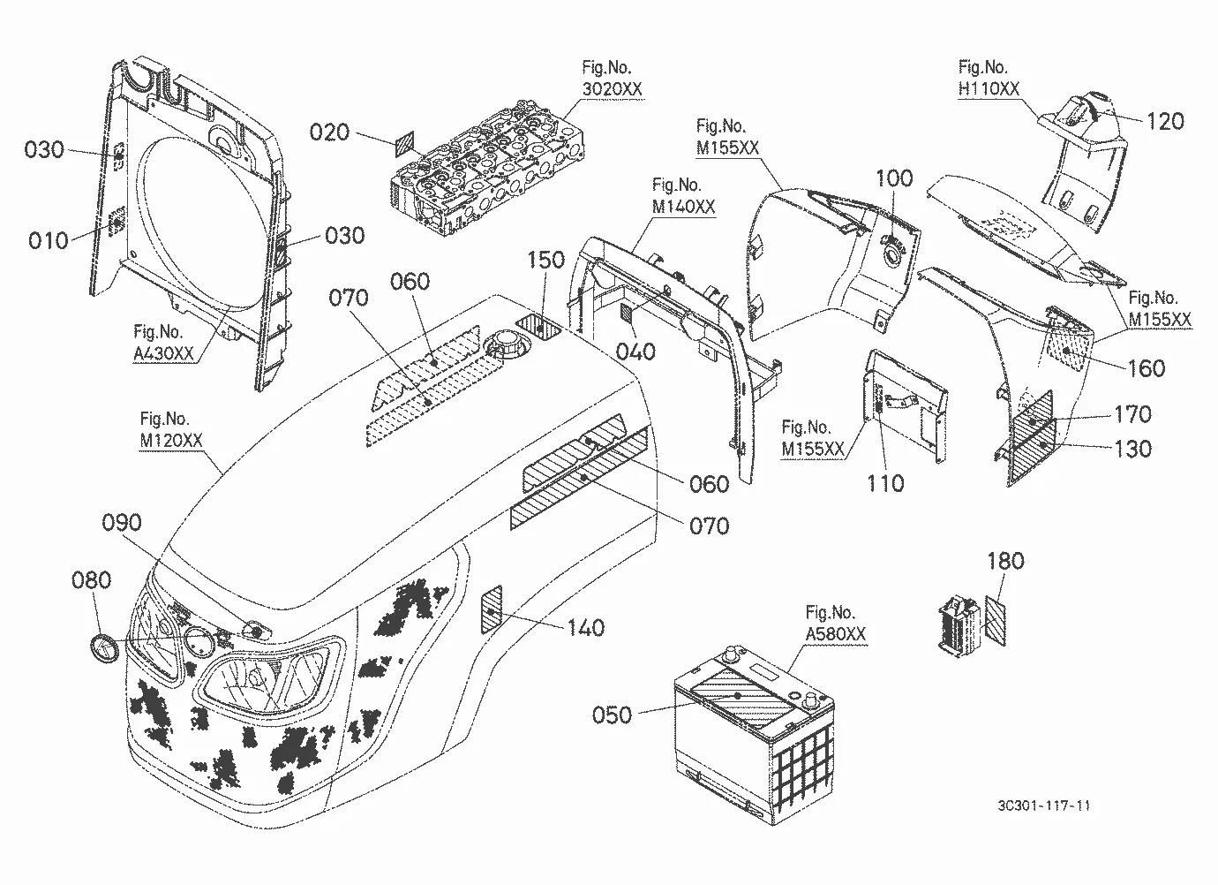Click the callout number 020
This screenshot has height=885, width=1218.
tap(329, 132)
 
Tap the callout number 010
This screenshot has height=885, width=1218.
tap(49, 240)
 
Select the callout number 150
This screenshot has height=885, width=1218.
tap(546, 260)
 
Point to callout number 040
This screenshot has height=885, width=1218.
tap(635, 352)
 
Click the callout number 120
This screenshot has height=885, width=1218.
tap(1165, 121)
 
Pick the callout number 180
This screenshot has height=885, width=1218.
tap(1005, 561)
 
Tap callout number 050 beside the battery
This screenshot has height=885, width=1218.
tap(612, 715)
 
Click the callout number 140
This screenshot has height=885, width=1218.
tap(586, 628)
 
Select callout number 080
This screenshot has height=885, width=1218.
tap(92, 580)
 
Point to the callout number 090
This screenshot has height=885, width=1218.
tap(121, 523)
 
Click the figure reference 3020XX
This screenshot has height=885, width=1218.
tap(612, 88)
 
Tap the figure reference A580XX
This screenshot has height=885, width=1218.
tap(835, 634)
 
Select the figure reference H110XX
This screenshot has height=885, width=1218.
tap(989, 88)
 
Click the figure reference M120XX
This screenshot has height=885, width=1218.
tap(170, 441)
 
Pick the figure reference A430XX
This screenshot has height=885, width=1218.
tap(163, 353)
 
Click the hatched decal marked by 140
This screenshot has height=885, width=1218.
tap(492, 609)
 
